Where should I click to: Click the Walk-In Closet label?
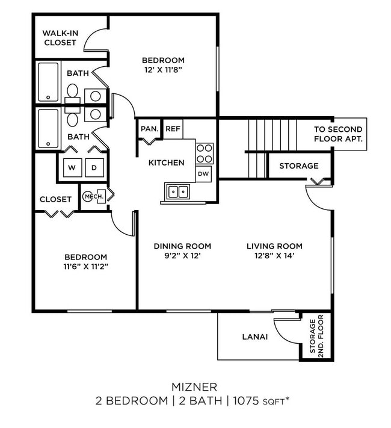[60, 38]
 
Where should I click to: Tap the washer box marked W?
[71, 167]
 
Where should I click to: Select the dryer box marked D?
[93, 167]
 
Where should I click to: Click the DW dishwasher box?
[203, 173]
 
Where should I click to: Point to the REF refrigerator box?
[173, 129]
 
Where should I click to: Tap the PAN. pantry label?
[149, 129]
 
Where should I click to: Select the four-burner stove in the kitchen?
[205, 153]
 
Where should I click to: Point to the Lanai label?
[255, 337]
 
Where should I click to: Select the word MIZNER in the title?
[195, 386]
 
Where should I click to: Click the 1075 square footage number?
[245, 400]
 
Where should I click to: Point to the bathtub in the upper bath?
[48, 81]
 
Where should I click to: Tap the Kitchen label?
[167, 163]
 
